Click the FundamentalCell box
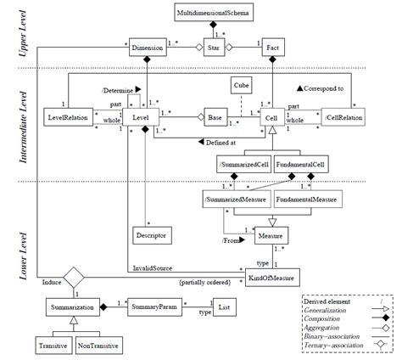[302, 164]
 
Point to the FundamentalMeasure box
[307, 199]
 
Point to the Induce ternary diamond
[75, 276]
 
